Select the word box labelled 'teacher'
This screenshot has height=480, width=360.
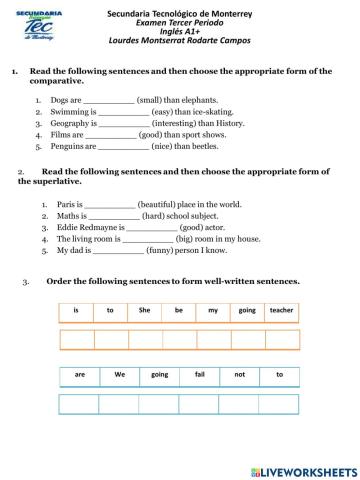(282, 311)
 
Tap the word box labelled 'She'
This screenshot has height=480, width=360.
(145, 311)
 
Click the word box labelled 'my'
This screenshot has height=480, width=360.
(213, 311)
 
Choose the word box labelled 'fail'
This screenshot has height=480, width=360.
(200, 375)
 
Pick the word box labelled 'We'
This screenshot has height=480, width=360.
(120, 375)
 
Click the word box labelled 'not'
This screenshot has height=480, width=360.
(240, 375)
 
